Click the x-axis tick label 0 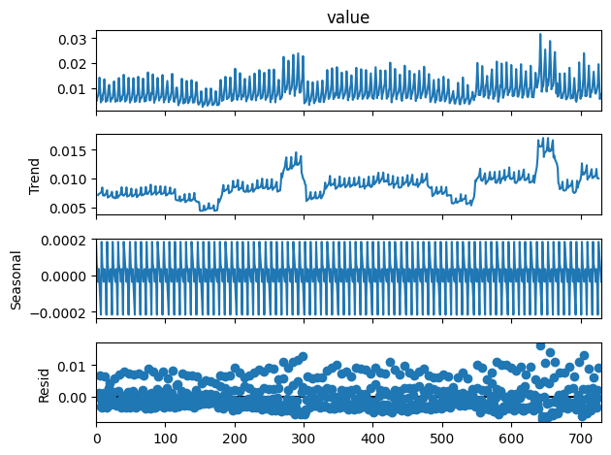pos(96,438)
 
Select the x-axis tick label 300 pos(304,438)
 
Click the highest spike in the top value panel pos(540,35)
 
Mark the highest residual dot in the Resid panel pos(540,346)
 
